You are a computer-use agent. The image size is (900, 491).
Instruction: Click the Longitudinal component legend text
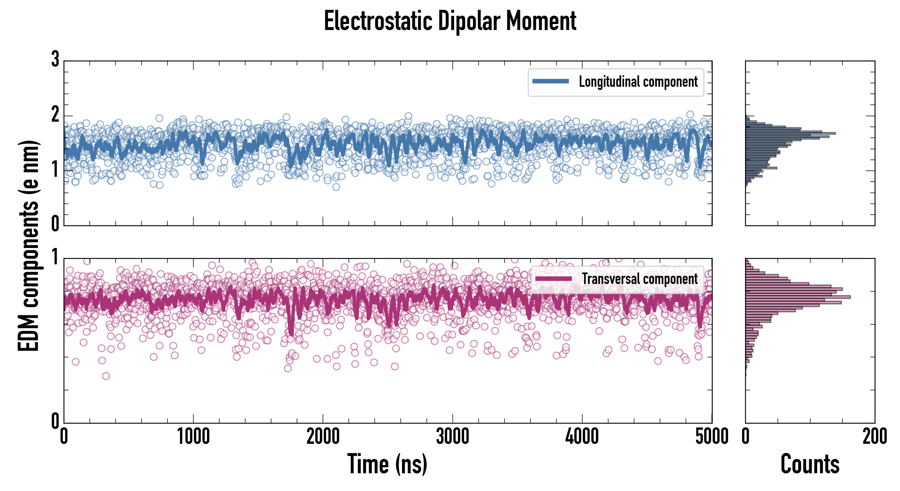tap(638, 82)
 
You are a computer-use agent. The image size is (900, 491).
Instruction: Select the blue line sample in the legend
tap(550, 82)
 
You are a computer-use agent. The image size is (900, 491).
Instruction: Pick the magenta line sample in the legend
tap(553, 279)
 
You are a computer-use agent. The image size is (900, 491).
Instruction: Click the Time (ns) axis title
tap(387, 464)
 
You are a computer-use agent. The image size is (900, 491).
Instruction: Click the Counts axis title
tap(810, 464)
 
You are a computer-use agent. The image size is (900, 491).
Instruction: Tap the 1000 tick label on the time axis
tap(193, 436)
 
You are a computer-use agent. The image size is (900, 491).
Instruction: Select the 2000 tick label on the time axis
tap(323, 436)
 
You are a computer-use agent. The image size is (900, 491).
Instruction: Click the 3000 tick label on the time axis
tap(452, 436)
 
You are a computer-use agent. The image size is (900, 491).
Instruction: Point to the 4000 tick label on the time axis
tap(582, 436)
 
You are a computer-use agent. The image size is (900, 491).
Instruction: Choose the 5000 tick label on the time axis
tap(712, 436)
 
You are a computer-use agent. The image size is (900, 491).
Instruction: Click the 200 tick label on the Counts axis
tap(874, 436)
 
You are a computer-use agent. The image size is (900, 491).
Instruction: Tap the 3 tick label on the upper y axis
tap(55, 59)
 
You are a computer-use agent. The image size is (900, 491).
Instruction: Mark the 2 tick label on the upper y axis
tap(55, 115)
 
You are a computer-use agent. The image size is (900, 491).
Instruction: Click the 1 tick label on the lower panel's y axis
tap(55, 258)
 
